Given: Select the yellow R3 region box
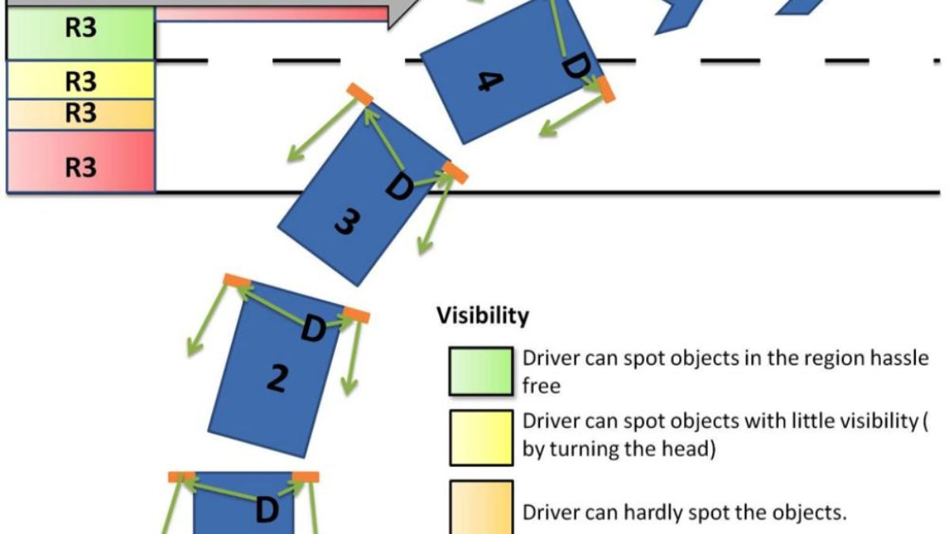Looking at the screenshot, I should (x=80, y=81).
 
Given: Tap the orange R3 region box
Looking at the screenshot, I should (x=80, y=114).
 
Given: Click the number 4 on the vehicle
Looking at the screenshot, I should (x=491, y=80).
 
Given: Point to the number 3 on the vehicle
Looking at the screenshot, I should (x=345, y=223).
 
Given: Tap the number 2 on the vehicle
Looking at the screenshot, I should (x=275, y=380).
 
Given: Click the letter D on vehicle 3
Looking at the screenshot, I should (x=399, y=188).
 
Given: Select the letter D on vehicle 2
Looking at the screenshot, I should (x=314, y=328).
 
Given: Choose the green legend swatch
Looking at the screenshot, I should (x=480, y=371).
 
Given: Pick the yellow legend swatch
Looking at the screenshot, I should (x=480, y=437).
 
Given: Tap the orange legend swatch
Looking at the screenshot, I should (x=480, y=506).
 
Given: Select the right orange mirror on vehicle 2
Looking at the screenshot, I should (x=357, y=316).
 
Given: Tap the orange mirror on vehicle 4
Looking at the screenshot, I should (x=607, y=89).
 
